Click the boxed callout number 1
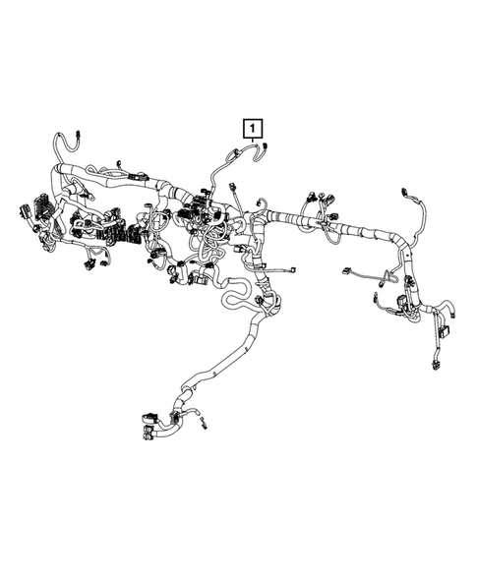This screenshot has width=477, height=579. coord(253,127)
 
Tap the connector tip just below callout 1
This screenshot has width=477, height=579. coord(267,147)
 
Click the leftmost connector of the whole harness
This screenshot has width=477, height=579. coord(22,210)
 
